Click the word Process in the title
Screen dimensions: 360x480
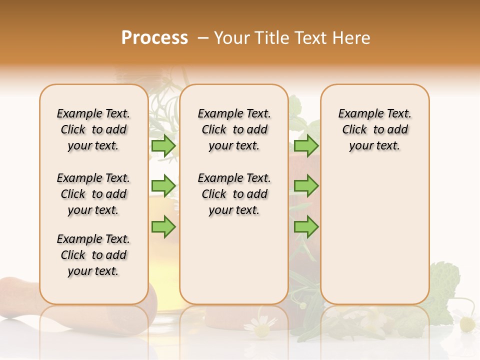(154, 38)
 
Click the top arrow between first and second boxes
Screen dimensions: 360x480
(163, 145)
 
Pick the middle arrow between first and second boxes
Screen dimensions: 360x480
(163, 186)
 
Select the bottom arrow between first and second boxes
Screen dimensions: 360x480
(163, 227)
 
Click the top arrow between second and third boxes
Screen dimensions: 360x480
(306, 145)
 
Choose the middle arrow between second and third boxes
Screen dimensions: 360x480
(306, 186)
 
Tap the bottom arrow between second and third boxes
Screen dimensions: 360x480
(306, 227)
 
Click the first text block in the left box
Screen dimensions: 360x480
(93, 129)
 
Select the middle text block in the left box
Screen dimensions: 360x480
(93, 194)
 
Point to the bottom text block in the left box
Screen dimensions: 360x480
(93, 255)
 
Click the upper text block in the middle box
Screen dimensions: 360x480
(234, 129)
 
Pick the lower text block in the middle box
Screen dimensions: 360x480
(234, 194)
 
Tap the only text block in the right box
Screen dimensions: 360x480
(374, 129)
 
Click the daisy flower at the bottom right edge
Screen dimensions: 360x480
(467, 324)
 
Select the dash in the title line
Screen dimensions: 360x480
(203, 38)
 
